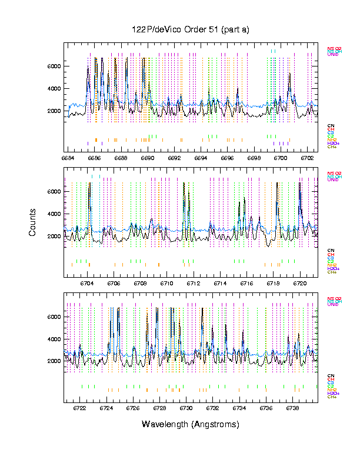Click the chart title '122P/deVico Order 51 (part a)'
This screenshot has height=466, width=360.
point(191,29)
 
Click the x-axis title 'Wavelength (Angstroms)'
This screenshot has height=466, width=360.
point(191,424)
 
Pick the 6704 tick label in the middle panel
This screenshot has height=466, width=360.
point(86,282)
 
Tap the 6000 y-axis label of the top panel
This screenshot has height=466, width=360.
point(54,66)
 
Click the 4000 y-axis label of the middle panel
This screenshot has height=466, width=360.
point(54,214)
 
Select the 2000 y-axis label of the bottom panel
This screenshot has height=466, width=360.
point(54,361)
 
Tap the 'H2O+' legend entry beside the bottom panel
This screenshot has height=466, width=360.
point(334,393)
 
